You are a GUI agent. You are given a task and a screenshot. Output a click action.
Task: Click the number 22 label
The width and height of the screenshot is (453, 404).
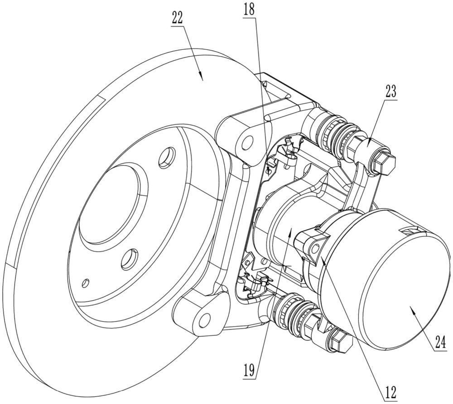point(177,19)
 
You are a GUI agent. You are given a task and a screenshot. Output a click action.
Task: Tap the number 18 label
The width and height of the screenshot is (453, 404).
point(249,10)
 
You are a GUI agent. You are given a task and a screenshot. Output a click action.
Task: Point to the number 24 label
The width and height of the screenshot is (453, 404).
point(442,343)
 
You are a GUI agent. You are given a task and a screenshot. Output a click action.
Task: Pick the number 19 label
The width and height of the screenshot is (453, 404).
point(249,370)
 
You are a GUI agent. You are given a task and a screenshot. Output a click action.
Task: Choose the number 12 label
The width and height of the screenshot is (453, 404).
point(390,392)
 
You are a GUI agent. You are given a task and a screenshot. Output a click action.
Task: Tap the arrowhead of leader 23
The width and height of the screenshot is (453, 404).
point(368,143)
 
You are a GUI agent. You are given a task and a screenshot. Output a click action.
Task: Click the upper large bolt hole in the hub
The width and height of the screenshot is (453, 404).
point(167,158)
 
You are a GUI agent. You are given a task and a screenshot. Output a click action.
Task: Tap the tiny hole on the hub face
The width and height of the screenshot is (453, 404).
point(86,282)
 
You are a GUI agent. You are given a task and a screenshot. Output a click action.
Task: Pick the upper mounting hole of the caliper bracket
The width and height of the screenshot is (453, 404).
point(246,142)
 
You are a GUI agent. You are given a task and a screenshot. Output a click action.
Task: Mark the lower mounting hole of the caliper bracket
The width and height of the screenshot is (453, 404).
point(205,318)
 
